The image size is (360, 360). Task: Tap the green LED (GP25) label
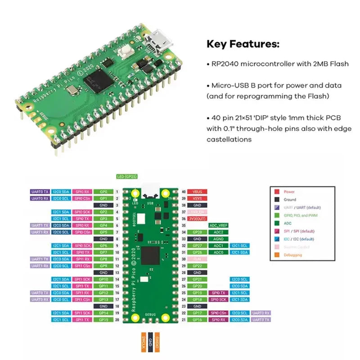(126, 176)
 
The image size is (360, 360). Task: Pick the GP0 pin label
(103, 192)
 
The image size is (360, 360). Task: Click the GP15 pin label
(103, 319)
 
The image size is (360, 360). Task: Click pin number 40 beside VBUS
(184, 192)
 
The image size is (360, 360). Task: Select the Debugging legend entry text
(293, 255)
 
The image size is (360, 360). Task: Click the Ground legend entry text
(290, 199)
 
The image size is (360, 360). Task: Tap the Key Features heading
(243, 44)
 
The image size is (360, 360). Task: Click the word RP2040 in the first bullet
(225, 63)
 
